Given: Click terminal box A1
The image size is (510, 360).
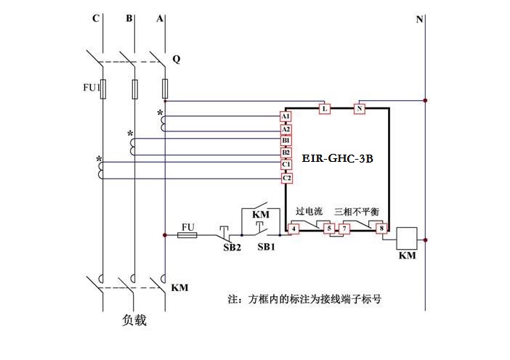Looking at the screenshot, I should tap(286, 116).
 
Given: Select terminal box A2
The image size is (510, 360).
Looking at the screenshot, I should tap(286, 128).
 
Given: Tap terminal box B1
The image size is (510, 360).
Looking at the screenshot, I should tap(286, 141).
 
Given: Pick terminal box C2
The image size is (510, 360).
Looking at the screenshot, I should tap(286, 178).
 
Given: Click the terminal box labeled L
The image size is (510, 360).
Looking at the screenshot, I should tap(325, 109).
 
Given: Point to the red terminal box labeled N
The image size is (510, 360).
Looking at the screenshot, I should tap(359, 109).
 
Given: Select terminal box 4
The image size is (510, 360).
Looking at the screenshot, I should tap(294, 229).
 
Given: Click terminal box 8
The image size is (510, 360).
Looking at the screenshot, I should tap(381, 229).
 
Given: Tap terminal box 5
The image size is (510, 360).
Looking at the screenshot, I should tap(328, 229).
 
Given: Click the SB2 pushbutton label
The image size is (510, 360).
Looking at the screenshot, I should tap(232, 247).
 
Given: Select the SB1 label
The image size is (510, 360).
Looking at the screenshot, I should tap(267, 247).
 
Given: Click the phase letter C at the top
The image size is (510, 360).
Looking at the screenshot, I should tap(95, 19).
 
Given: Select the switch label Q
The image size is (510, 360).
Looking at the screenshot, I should tap(176, 57).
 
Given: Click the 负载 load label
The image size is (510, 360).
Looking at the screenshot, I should tap(134, 319).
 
